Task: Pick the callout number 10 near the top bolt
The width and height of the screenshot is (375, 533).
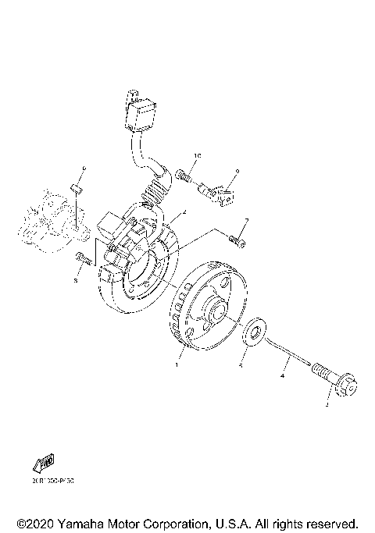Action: click(x=198, y=157)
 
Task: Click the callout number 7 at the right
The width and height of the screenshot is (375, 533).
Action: click(x=246, y=222)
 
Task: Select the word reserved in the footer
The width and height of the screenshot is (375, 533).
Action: click(x=326, y=522)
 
